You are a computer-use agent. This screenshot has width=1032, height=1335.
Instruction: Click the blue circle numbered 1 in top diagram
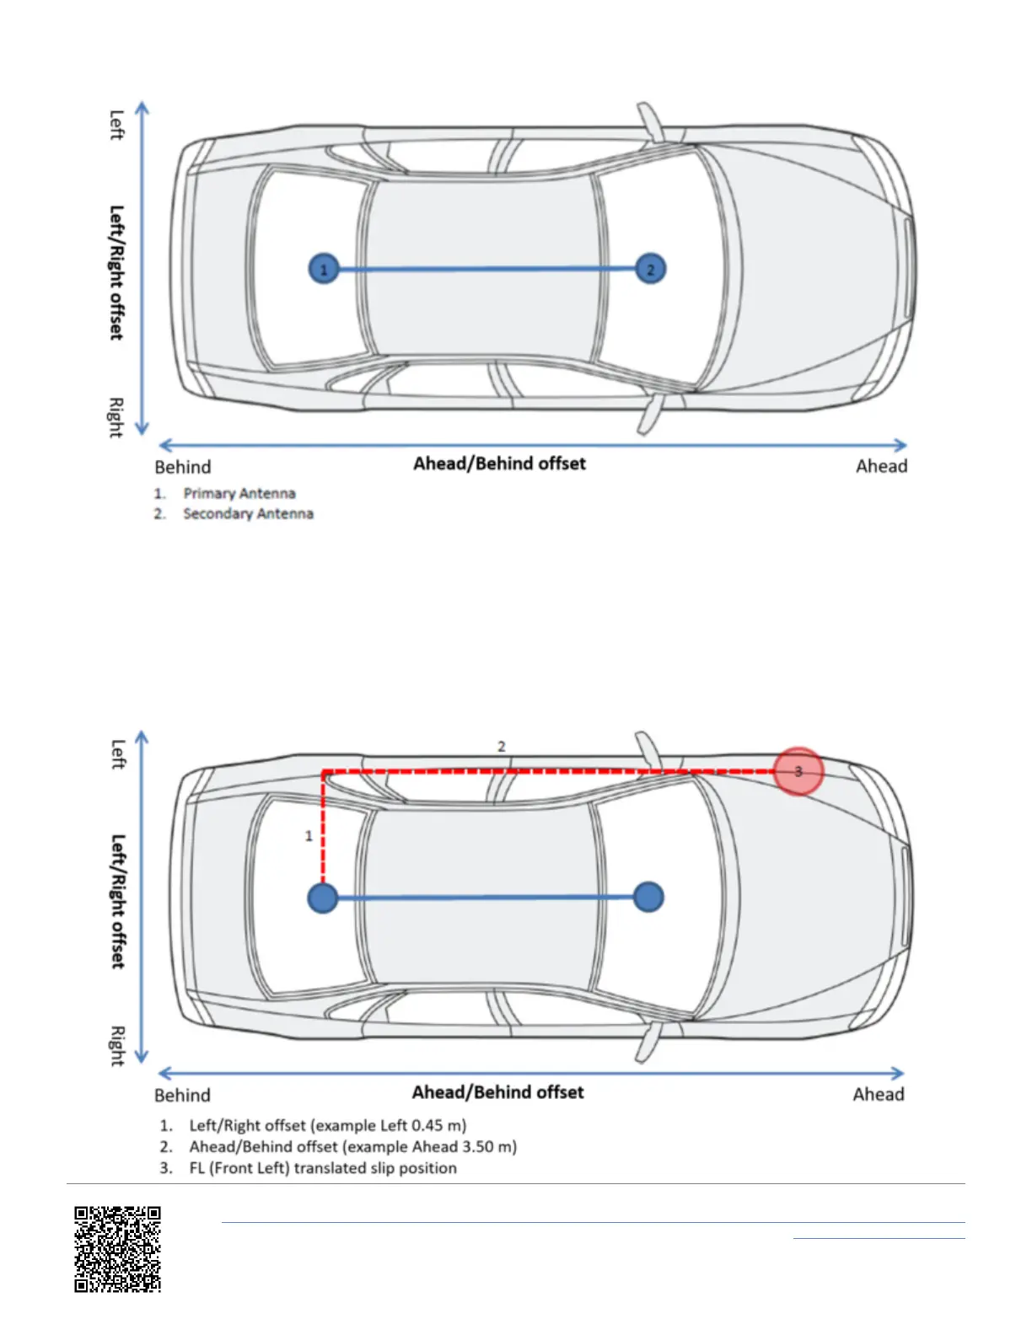(x=324, y=270)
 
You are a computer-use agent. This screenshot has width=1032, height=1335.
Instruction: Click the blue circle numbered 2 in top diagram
(x=650, y=270)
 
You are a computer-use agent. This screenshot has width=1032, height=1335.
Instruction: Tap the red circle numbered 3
(x=798, y=771)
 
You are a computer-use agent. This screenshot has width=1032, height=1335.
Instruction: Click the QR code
(x=117, y=1249)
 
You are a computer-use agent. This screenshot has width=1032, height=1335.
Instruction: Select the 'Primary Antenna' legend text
(x=239, y=494)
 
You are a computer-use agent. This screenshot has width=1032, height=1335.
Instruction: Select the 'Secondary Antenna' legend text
(x=248, y=514)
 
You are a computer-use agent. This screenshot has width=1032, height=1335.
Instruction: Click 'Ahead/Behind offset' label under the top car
(x=499, y=464)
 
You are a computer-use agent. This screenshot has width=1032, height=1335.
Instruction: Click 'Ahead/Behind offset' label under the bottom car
(x=497, y=1092)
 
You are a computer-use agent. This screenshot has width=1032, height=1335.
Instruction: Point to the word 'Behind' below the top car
(x=183, y=467)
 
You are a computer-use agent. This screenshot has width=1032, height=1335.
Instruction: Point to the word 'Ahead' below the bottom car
(x=879, y=1095)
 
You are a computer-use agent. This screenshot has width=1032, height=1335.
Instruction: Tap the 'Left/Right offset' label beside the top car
(x=117, y=272)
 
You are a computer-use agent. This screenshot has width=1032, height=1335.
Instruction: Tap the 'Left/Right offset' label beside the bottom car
(x=118, y=901)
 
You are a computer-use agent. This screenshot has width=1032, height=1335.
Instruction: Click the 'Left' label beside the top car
(x=117, y=125)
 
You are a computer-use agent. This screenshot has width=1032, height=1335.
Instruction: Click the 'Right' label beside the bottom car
(x=117, y=1046)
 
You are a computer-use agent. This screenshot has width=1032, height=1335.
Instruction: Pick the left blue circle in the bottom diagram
(x=323, y=898)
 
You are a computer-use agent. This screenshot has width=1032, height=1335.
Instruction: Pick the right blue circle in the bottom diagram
(x=648, y=897)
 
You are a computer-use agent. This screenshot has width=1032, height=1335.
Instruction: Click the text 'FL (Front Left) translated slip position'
(x=323, y=1168)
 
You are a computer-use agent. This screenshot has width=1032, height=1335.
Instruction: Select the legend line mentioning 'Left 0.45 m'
(x=327, y=1125)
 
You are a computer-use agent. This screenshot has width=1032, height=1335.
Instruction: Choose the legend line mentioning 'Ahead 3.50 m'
(x=352, y=1147)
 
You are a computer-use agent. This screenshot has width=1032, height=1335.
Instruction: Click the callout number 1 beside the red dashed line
(x=309, y=836)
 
